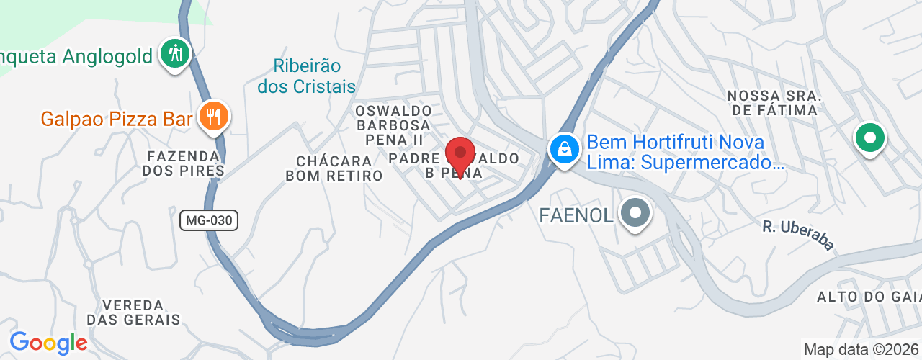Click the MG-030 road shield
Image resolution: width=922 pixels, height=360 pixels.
[x=209, y=220]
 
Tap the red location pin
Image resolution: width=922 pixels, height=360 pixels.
[x=460, y=153]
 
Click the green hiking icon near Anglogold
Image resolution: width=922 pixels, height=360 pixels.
[x=174, y=53]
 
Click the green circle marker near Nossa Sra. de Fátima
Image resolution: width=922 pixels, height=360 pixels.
[x=869, y=138]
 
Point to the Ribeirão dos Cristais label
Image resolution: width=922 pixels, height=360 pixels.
[x=307, y=76]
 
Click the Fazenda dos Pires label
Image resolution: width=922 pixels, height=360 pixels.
[x=184, y=163]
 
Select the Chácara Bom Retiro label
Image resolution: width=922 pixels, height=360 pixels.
[x=334, y=168]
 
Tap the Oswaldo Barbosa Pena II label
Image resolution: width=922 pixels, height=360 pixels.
[x=393, y=125]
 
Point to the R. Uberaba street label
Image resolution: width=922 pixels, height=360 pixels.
[x=798, y=235]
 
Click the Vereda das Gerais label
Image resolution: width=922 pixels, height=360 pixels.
[x=133, y=312]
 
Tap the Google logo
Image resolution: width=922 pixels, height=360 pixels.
[x=48, y=343]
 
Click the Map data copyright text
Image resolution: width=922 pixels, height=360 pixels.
[x=861, y=350]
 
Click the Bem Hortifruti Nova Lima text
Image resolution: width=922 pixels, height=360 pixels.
[x=684, y=153]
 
